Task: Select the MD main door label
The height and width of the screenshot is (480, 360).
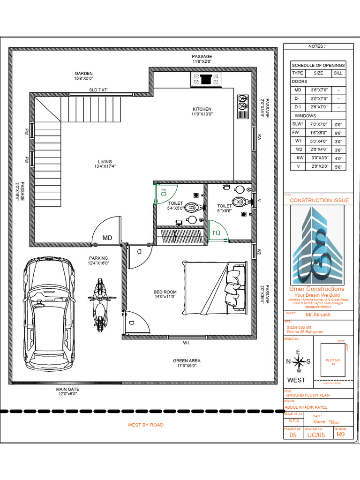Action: (x=108, y=238)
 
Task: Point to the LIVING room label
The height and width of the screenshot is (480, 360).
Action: (x=105, y=164)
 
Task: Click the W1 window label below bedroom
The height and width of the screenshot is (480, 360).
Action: (x=186, y=343)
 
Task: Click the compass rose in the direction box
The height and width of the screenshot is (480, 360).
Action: (x=299, y=361)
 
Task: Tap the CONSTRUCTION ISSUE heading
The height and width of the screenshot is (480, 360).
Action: (x=319, y=200)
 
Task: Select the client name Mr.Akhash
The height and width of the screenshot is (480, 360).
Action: (x=318, y=315)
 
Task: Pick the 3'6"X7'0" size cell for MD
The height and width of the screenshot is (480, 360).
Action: (x=318, y=90)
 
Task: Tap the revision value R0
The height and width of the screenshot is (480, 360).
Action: (x=340, y=435)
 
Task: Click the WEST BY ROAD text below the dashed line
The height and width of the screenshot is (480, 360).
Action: (x=145, y=425)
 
